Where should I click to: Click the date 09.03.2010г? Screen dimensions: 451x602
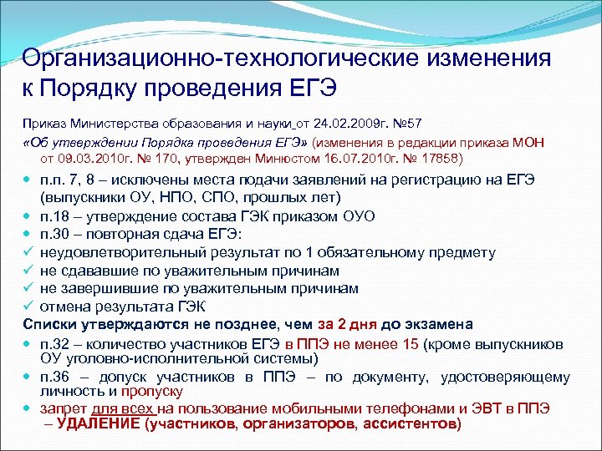point(93,158)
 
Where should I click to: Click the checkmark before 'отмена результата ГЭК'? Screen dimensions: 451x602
point(29,306)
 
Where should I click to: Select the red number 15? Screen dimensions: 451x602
point(409,342)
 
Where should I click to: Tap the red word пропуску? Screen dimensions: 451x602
point(152,391)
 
